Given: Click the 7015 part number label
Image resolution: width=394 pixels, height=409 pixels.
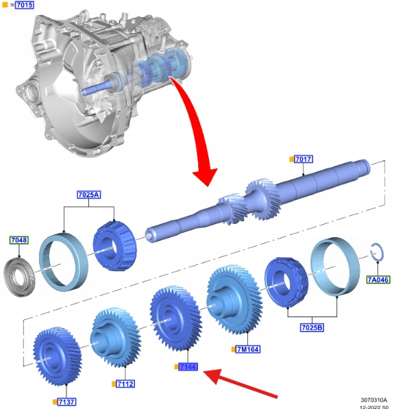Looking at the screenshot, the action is point(25,5).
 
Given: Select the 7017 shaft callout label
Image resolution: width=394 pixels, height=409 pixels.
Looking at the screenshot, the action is point(304,159).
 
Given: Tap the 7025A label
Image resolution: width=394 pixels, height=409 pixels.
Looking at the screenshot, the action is point(88,195).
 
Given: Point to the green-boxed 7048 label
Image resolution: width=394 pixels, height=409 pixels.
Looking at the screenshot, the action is point(19,240).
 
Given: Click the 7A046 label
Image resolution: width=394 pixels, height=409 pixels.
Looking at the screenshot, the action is point(378,280).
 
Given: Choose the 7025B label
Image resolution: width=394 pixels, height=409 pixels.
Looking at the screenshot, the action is point(312,327).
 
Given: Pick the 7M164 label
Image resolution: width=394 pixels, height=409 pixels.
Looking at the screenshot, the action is point(248,349).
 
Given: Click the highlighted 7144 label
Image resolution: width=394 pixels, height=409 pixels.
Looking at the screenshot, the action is point(188,367).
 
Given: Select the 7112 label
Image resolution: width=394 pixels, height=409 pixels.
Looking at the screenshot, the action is point(125,384).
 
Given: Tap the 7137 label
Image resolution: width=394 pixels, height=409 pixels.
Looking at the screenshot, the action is point(66,401).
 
